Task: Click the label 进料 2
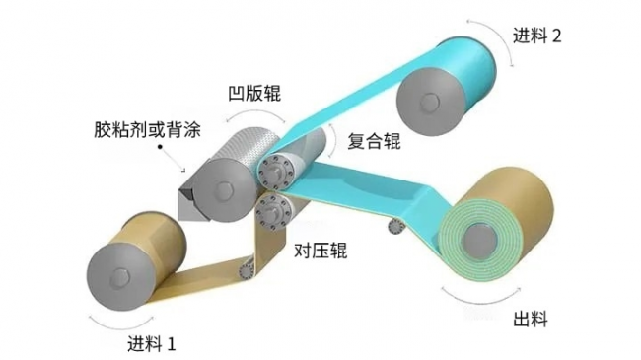tap(537, 36)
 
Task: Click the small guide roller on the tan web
tap(246, 265)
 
